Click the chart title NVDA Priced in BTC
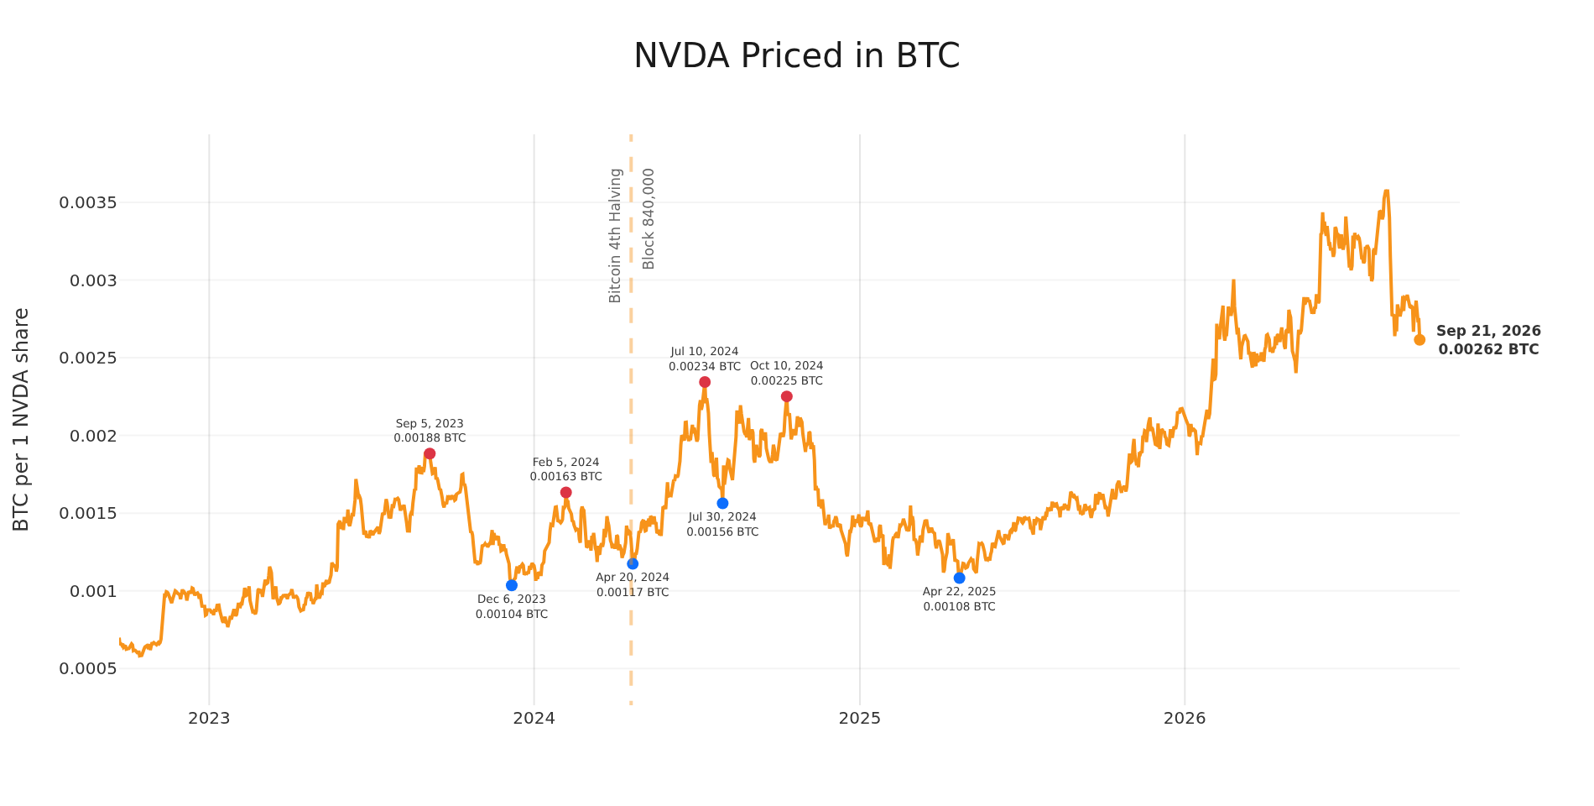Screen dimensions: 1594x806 click(796, 56)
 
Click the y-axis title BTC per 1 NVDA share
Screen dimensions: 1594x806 click(22, 419)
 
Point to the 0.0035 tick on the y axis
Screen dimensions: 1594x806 click(87, 203)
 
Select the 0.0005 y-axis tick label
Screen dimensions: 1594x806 click(87, 669)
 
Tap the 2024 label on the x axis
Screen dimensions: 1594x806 click(534, 718)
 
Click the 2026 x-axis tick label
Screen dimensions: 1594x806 click(1185, 718)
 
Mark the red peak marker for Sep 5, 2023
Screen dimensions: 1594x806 click(430, 454)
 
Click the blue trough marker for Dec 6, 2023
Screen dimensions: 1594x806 click(512, 585)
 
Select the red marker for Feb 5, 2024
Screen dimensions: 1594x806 click(566, 493)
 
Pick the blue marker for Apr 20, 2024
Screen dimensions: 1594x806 click(633, 563)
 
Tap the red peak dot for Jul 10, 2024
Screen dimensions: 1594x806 click(705, 382)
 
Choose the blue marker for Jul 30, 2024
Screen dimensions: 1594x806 click(722, 503)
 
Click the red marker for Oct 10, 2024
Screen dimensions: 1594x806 click(786, 396)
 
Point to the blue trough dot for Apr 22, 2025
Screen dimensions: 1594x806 click(959, 578)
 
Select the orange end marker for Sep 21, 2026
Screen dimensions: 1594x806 click(1419, 340)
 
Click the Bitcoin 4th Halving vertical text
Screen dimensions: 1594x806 click(615, 235)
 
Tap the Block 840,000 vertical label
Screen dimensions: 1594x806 click(649, 218)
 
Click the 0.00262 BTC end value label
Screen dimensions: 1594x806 click(1489, 350)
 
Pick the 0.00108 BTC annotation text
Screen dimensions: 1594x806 click(959, 606)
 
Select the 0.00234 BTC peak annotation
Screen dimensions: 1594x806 click(705, 367)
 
